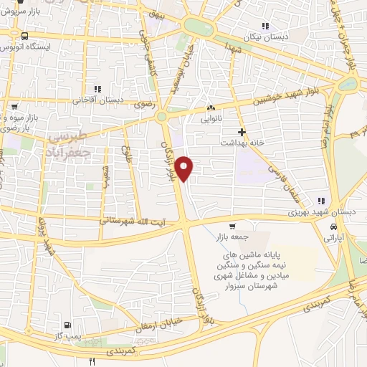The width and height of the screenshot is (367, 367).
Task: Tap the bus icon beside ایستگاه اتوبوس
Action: click(25, 35)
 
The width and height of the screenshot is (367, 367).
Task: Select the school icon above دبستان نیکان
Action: click(265, 26)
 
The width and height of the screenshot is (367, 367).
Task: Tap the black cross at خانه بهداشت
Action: click(242, 132)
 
